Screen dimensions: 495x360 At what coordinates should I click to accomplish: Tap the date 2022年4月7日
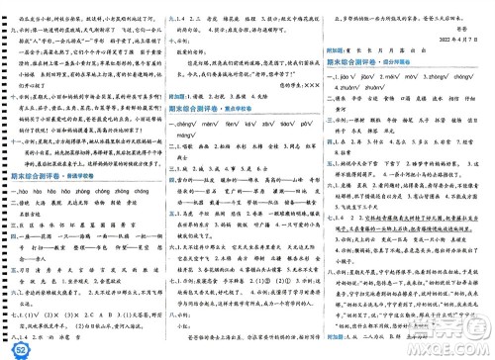pos(459,43)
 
